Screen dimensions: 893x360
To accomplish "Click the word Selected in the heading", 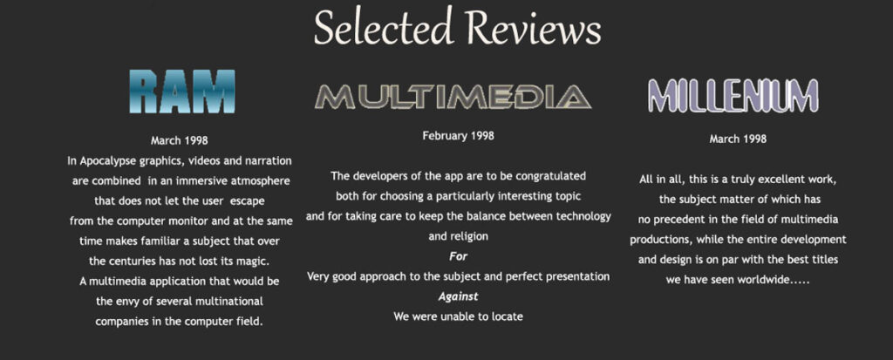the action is click(x=384, y=27).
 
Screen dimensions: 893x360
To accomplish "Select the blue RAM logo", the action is click(x=182, y=92).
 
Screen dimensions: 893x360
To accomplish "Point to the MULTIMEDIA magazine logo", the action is click(x=453, y=96).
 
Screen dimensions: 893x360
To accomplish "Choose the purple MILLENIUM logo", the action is click(x=733, y=95).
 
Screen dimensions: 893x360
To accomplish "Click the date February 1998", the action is click(x=459, y=136).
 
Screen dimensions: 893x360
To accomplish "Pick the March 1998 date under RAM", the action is click(x=180, y=140).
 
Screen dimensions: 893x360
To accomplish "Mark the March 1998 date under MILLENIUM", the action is click(x=738, y=139).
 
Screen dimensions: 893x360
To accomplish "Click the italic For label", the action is click(x=459, y=256).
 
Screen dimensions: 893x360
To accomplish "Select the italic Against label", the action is click(x=459, y=296).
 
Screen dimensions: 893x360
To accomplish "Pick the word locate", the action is click(x=505, y=316).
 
